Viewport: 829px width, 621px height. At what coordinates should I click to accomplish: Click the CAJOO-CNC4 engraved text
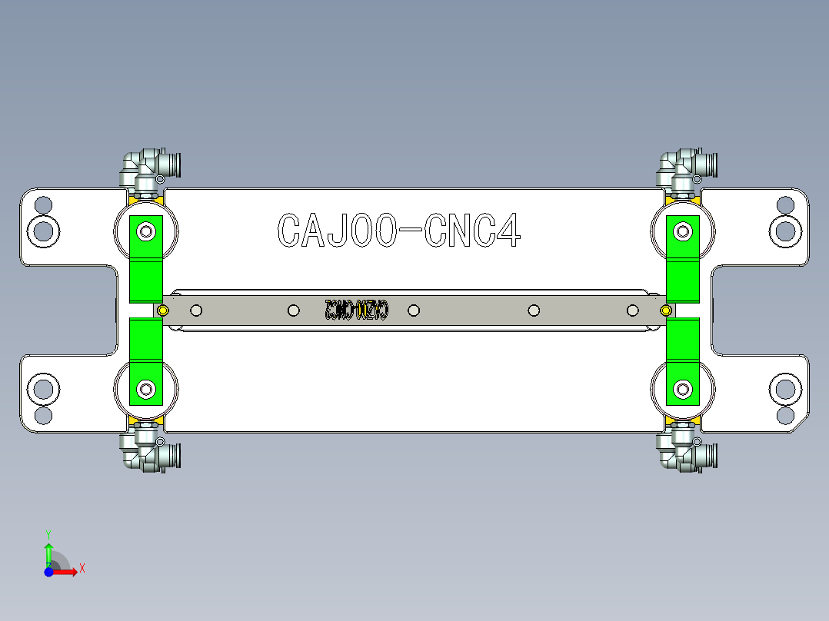pyautogui.click(x=398, y=230)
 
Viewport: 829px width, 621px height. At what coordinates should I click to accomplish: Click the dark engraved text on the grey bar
pyautogui.click(x=357, y=310)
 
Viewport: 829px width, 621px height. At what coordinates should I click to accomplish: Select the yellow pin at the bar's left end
pyautogui.click(x=162, y=310)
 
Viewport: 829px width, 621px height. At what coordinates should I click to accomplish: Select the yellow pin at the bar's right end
pyautogui.click(x=666, y=310)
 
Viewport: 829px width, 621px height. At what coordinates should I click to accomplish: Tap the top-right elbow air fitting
pyautogui.click(x=684, y=168)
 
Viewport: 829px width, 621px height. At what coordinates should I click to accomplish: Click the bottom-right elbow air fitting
pyautogui.click(x=684, y=452)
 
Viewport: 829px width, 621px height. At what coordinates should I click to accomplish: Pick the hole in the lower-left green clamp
pyautogui.click(x=145, y=389)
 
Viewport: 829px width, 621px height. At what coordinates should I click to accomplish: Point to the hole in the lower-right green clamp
pyautogui.click(x=681, y=389)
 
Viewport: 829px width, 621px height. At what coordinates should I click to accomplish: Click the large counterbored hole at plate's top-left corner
pyautogui.click(x=44, y=230)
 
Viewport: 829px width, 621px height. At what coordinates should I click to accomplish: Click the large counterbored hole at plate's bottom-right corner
pyautogui.click(x=785, y=390)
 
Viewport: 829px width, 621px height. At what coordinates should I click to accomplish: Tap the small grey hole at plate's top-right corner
pyautogui.click(x=785, y=205)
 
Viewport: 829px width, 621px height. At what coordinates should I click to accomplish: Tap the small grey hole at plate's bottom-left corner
pyautogui.click(x=44, y=415)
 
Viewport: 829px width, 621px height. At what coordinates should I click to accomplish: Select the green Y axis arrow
pyautogui.click(x=48, y=550)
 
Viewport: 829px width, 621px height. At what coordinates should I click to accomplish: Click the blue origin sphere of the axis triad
pyautogui.click(x=48, y=572)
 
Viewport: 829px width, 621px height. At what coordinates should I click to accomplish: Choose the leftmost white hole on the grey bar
pyautogui.click(x=196, y=310)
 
